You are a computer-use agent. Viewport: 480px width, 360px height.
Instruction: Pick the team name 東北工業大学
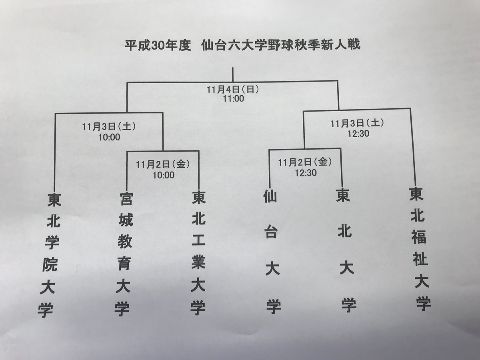198,252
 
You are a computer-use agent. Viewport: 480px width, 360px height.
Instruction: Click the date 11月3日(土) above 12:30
352,123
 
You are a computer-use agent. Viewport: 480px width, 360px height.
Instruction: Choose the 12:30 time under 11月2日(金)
306,172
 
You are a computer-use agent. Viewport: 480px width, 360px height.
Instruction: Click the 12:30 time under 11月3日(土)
352,133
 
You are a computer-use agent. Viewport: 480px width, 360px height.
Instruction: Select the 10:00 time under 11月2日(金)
162,175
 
